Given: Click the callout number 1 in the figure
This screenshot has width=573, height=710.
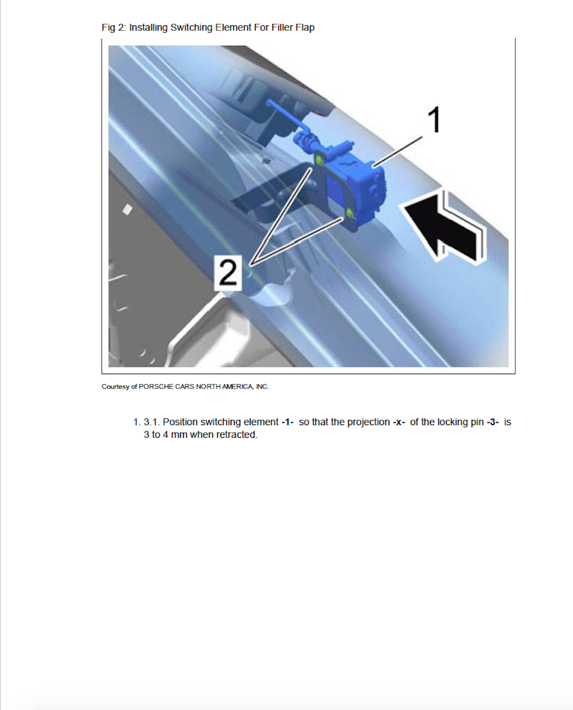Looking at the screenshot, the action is click(434, 120).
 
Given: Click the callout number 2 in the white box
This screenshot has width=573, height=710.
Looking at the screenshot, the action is click(228, 273).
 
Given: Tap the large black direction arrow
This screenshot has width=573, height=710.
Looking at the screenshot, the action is click(443, 227).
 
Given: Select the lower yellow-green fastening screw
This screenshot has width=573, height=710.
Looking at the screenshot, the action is click(350, 213).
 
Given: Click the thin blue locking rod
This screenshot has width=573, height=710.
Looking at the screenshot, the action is click(287, 115).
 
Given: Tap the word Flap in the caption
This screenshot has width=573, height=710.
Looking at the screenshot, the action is click(305, 28).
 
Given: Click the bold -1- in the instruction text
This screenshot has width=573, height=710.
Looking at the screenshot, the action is click(287, 422).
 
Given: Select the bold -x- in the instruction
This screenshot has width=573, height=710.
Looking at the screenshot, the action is click(399, 422).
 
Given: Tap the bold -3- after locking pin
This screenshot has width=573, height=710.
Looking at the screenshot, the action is click(493, 422).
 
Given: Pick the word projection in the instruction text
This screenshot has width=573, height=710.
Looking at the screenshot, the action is click(368, 422).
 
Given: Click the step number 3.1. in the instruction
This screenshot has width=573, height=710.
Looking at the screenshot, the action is click(152, 422).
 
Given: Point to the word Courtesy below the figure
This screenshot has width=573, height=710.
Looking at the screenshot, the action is click(115, 387).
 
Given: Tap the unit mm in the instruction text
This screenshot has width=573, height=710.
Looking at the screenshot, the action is click(179, 435).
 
